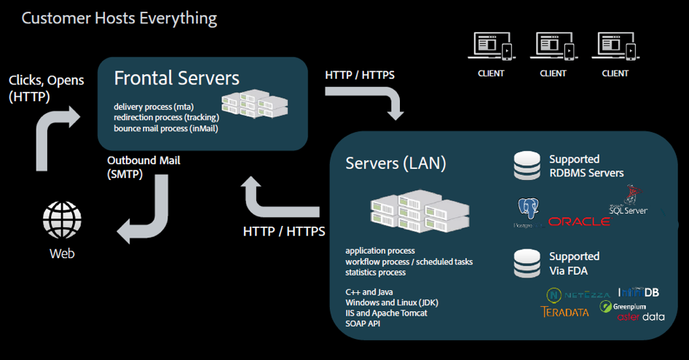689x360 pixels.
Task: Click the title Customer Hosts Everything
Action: tap(119, 17)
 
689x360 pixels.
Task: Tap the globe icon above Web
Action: tap(62, 219)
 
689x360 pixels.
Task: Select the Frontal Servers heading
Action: tap(177, 78)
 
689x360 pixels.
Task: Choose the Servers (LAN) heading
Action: tap(395, 163)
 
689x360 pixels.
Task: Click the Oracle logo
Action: tap(579, 221)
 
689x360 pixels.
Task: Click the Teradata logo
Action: tap(564, 312)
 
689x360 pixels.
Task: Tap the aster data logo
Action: tap(641, 317)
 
